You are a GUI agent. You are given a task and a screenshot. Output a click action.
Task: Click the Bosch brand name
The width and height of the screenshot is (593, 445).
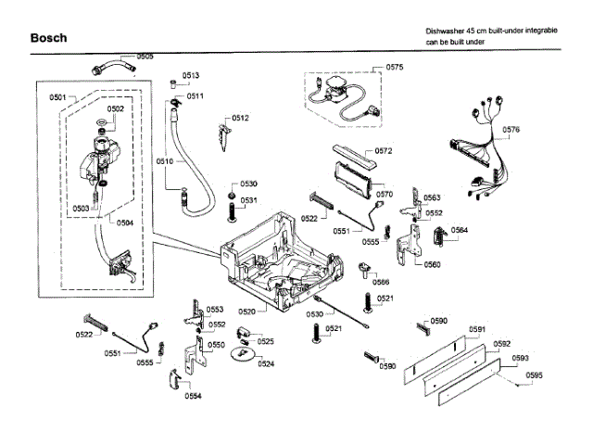(47, 38)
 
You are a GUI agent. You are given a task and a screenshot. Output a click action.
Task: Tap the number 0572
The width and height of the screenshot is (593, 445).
(385, 150)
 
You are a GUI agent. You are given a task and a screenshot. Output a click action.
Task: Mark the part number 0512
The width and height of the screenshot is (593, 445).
(241, 119)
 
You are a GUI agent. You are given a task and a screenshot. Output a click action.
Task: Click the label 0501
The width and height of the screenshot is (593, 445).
(57, 96)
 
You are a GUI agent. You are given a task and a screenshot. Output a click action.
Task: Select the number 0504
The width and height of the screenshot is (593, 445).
(125, 222)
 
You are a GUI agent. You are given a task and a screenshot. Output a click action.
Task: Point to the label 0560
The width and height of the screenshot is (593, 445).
(433, 265)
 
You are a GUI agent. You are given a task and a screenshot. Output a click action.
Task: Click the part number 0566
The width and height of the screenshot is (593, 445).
(381, 282)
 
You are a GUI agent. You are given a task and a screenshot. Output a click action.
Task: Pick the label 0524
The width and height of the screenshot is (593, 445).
(266, 364)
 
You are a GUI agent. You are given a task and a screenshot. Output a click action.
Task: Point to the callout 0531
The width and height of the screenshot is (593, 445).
(249, 200)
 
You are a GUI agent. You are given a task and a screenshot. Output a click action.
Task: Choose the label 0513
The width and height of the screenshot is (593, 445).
(191, 75)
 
